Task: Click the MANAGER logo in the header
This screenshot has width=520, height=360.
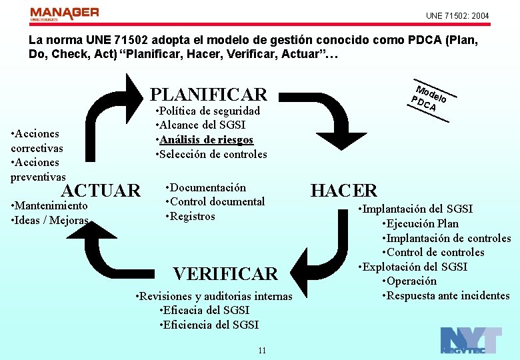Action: [x=64, y=15]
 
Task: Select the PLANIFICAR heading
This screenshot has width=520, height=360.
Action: [x=209, y=94]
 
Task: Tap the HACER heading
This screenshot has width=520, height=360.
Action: [x=344, y=191]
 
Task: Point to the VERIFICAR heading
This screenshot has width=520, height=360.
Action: [x=225, y=274]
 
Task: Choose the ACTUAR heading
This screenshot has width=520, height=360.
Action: [x=101, y=191]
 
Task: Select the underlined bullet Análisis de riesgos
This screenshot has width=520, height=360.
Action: [x=205, y=140]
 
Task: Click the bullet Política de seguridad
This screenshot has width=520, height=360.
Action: [x=207, y=111]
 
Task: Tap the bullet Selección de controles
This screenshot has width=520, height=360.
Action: [x=211, y=155]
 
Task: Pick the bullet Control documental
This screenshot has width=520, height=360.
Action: [x=215, y=201]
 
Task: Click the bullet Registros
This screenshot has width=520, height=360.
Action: [x=191, y=216]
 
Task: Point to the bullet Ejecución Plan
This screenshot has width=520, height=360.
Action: [x=421, y=224]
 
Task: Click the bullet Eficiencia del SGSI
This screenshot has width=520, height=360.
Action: [x=209, y=325]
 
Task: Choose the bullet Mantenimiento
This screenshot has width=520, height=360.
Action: [x=50, y=206]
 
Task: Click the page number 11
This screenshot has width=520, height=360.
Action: [x=262, y=351]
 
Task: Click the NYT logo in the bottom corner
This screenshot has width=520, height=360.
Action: [x=471, y=341]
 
